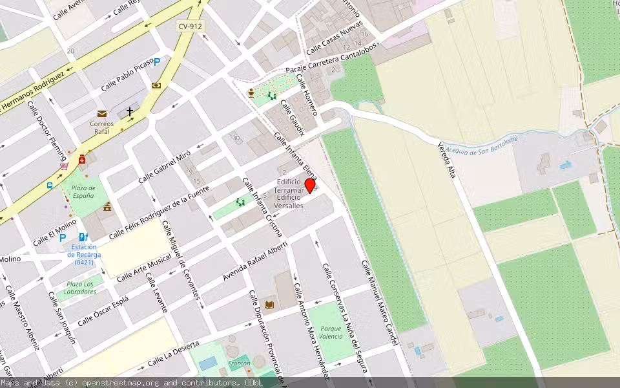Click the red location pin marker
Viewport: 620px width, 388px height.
pos(310,186)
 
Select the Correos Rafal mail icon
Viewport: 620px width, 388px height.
pos(102,114)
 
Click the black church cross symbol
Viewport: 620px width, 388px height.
pos(130,112)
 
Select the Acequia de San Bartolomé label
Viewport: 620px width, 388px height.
pos(481,143)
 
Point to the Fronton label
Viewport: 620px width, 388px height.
pos(240,363)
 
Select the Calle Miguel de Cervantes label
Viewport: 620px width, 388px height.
pos(182,261)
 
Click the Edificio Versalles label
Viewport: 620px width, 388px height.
pos(289,206)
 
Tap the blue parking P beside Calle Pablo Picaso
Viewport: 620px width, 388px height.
pos(157,62)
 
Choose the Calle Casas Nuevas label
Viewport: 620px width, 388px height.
pos(335,38)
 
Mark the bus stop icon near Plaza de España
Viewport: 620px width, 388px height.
pos(50,186)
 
